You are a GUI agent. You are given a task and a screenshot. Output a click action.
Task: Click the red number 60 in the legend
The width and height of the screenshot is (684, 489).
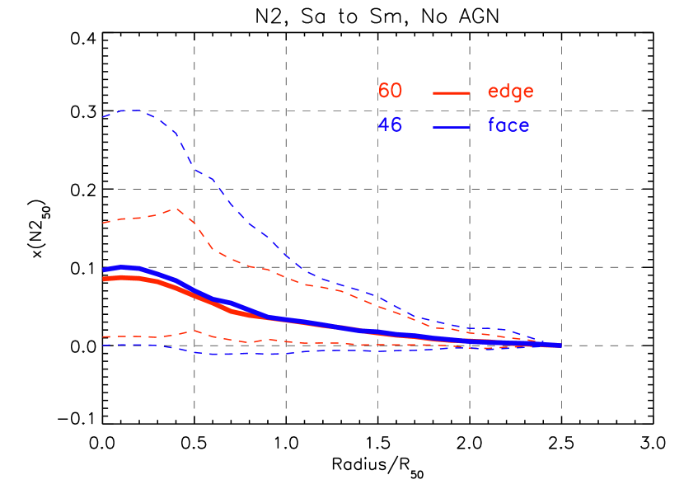coord(390,92)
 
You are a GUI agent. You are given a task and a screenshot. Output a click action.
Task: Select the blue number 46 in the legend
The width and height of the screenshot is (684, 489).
coord(390,125)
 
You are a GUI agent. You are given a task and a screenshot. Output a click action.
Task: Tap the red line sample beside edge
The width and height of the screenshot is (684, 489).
coord(451,93)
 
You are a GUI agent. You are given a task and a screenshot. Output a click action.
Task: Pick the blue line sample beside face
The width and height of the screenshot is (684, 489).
coord(451,127)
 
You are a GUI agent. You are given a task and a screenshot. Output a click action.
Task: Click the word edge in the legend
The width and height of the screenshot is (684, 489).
coord(510,92)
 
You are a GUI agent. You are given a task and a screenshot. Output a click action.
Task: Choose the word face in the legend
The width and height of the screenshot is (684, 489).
coord(508,125)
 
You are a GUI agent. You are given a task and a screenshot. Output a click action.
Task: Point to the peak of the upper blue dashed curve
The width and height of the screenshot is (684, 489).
coord(134,110)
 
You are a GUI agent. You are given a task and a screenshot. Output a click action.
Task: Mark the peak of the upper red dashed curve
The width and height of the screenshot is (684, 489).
coord(176,209)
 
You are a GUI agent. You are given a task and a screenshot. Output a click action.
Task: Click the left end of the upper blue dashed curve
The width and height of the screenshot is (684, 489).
coord(103,117)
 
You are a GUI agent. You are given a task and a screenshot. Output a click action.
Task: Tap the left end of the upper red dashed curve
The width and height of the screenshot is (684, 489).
coord(103,223)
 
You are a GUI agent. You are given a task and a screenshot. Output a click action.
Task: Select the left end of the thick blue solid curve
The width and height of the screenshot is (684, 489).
coord(104,270)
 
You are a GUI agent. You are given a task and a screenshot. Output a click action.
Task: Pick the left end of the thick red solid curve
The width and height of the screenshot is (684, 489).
coord(104,280)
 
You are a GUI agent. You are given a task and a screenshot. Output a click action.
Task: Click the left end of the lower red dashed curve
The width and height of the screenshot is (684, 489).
coord(103,336)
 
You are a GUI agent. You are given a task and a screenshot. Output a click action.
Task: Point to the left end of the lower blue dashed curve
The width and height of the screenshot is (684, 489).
coord(103,345)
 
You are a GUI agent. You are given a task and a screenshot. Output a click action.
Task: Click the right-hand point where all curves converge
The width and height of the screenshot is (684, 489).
coord(560,346)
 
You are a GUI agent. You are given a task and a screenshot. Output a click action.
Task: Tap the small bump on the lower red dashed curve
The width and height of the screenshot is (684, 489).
coord(194,331)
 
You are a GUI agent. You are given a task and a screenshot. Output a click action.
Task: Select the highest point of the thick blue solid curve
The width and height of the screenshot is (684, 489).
coord(124,267)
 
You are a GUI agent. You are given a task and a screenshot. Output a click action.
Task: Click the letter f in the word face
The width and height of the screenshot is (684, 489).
coord(492,125)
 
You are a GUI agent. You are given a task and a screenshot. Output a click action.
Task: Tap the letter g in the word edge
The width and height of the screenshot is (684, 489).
coord(518,93)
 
